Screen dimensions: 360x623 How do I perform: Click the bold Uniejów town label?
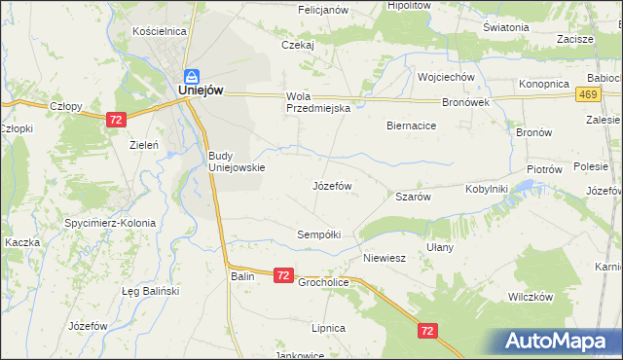202,90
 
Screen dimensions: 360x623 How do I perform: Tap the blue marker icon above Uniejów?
193,75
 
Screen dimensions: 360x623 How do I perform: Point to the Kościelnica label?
159,31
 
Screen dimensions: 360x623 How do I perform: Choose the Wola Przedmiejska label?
317,103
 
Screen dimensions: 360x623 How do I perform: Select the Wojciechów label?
445,77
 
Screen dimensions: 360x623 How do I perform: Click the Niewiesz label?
384,258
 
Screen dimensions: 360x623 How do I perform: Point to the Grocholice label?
324,283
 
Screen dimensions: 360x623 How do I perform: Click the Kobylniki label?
487,189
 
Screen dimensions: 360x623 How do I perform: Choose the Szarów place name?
413,197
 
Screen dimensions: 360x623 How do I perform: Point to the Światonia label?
505,27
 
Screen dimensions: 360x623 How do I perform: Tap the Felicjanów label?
323,9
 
